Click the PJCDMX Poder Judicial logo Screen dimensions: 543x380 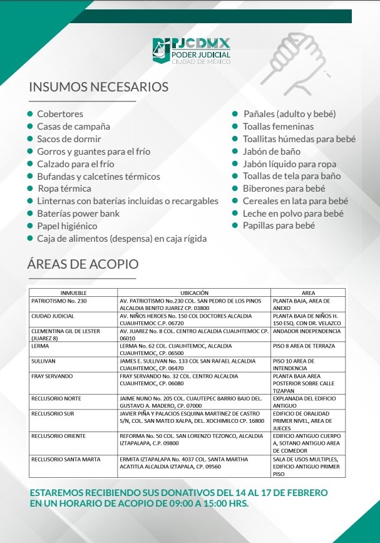(x=192, y=51)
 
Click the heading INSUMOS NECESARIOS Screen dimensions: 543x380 (x=98, y=86)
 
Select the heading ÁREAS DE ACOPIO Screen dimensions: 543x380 (x=83, y=264)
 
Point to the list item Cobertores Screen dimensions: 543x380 (x=60, y=114)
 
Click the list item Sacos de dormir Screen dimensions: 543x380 (x=69, y=139)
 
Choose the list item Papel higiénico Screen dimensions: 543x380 (x=67, y=226)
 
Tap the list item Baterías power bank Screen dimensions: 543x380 (x=78, y=214)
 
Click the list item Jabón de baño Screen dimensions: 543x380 (x=272, y=152)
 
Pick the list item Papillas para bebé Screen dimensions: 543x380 (x=279, y=225)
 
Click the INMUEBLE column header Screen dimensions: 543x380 (x=73, y=292)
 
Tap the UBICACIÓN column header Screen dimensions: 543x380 (x=194, y=292)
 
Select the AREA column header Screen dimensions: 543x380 (x=308, y=292)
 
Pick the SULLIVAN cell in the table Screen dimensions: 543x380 (x=44, y=361)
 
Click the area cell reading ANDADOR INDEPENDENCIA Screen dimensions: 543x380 (x=307, y=331)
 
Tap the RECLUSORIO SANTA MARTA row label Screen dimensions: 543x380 (x=66, y=459)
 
